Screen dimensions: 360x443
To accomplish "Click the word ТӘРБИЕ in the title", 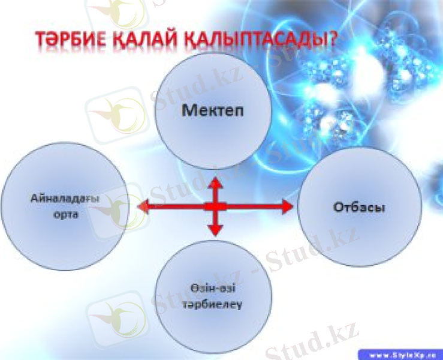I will (x=68, y=40).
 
